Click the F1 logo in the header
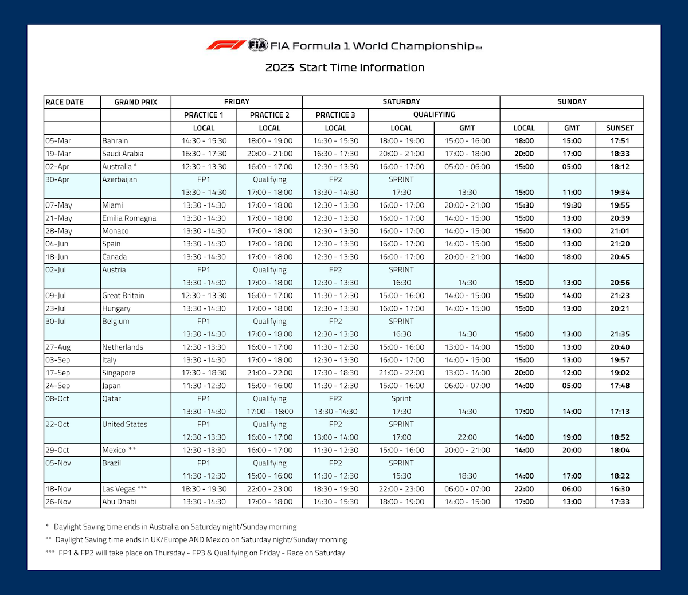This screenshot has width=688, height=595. (x=226, y=45)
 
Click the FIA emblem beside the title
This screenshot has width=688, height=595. (x=258, y=45)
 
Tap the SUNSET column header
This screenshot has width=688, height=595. (x=620, y=128)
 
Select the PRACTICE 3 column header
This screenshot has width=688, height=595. (x=335, y=115)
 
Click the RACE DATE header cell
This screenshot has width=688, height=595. (x=65, y=102)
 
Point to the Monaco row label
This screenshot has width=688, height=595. (x=115, y=231)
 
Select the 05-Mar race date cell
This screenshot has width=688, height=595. (x=58, y=140)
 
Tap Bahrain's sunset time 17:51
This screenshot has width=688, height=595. (x=620, y=140)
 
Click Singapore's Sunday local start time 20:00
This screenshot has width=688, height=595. (x=524, y=373)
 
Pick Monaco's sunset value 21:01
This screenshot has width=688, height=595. (x=620, y=231)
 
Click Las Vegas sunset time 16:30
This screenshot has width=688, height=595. (x=620, y=489)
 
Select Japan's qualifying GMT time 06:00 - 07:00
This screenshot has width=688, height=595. (x=467, y=386)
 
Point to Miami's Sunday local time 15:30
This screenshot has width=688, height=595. (x=524, y=205)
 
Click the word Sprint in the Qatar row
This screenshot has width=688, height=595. (x=401, y=398)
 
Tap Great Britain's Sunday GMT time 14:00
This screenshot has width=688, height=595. (x=572, y=295)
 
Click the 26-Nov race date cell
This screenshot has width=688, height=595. (x=58, y=502)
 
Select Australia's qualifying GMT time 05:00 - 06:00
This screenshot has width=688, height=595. (x=467, y=166)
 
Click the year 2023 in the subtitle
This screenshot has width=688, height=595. (x=279, y=68)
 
